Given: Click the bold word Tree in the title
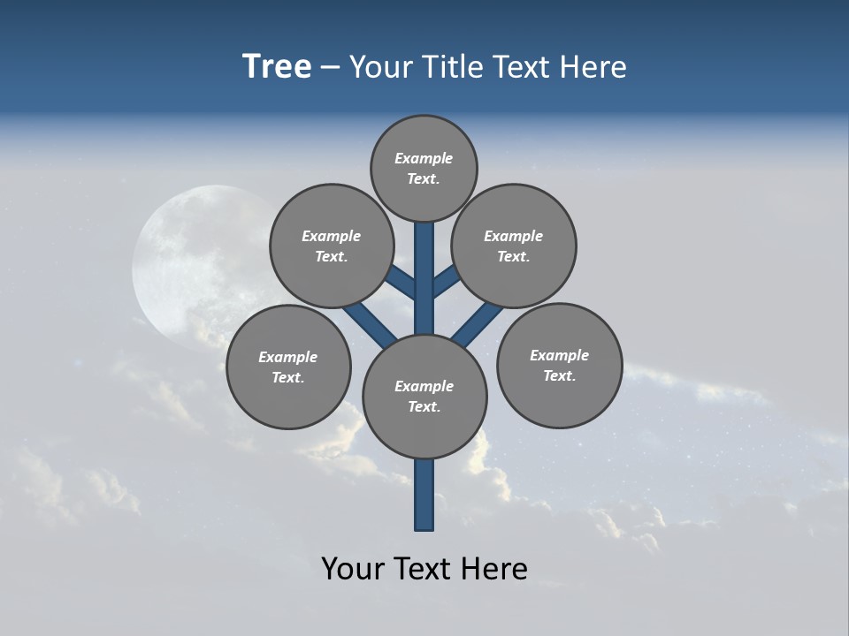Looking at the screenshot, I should pyautogui.click(x=277, y=67).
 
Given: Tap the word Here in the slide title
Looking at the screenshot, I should pyautogui.click(x=593, y=67).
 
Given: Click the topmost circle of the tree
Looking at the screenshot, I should pyautogui.click(x=424, y=168).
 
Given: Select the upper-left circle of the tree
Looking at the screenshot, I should pyautogui.click(x=332, y=246).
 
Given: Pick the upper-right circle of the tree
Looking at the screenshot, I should pyautogui.click(x=514, y=246).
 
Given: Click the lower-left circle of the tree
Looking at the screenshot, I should pyautogui.click(x=288, y=367).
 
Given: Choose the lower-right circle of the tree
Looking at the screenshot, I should pyautogui.click(x=559, y=365).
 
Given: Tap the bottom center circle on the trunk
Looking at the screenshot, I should pyautogui.click(x=424, y=396).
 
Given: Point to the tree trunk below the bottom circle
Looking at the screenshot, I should pyautogui.click(x=424, y=495).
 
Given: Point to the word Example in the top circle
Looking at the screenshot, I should pyautogui.click(x=424, y=158).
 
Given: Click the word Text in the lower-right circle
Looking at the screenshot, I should pyautogui.click(x=559, y=375).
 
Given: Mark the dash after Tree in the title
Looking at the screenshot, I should pyautogui.click(x=331, y=68).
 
